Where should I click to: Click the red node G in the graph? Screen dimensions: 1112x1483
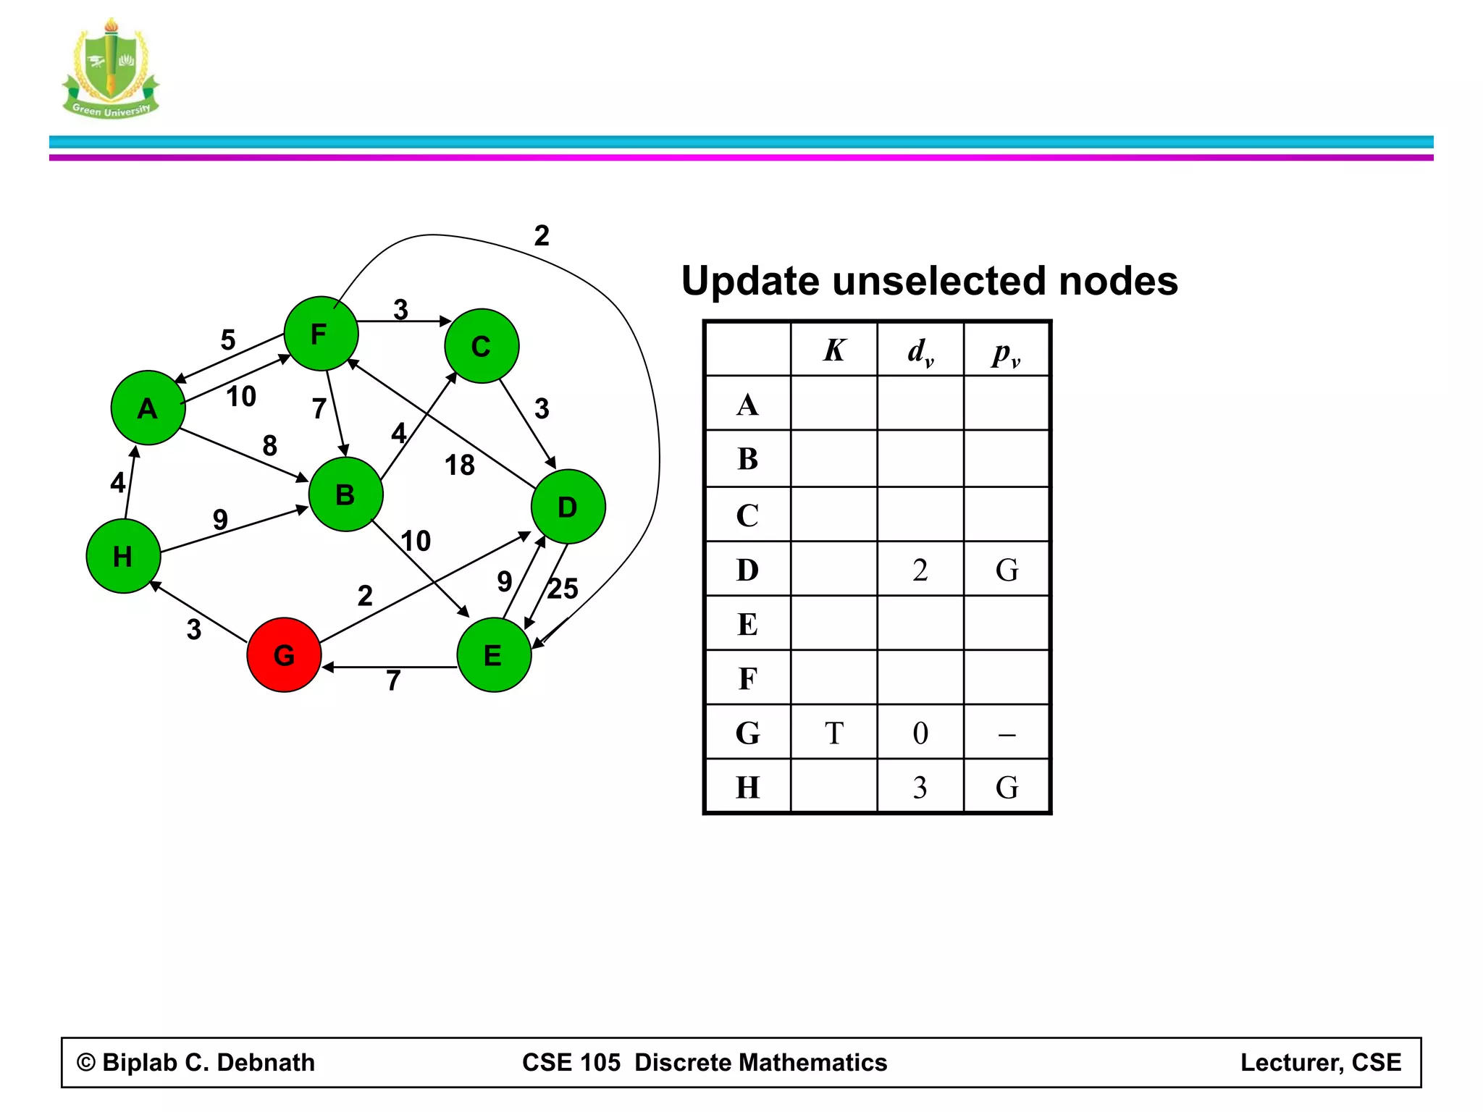coord(284,654)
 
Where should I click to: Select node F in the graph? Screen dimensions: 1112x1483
coord(321,334)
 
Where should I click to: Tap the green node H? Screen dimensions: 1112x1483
coord(123,556)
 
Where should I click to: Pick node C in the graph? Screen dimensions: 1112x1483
coord(482,346)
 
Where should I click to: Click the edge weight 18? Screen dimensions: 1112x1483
coord(460,465)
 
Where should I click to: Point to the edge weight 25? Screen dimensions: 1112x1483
coord(563,589)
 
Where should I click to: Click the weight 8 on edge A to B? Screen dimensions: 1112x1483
coord(269,445)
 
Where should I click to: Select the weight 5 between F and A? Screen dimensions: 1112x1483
coord(228,340)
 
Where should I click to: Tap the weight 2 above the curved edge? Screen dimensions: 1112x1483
coord(542,235)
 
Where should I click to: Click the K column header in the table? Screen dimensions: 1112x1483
coord(834,350)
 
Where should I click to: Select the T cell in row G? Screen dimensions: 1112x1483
coord(834,733)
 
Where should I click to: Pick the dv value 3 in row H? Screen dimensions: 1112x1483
coord(920,787)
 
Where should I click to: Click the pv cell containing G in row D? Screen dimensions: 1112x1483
coord(1007,570)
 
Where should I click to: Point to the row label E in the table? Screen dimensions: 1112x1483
coord(747,624)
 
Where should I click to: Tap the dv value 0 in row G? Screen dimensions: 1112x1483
coord(920,733)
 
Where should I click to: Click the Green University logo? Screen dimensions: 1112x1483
coord(111,69)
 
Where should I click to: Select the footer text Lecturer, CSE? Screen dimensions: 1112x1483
coord(1320,1062)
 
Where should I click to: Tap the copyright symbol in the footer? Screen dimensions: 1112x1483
coord(86,1062)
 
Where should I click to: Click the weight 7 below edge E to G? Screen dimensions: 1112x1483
coord(393,681)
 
